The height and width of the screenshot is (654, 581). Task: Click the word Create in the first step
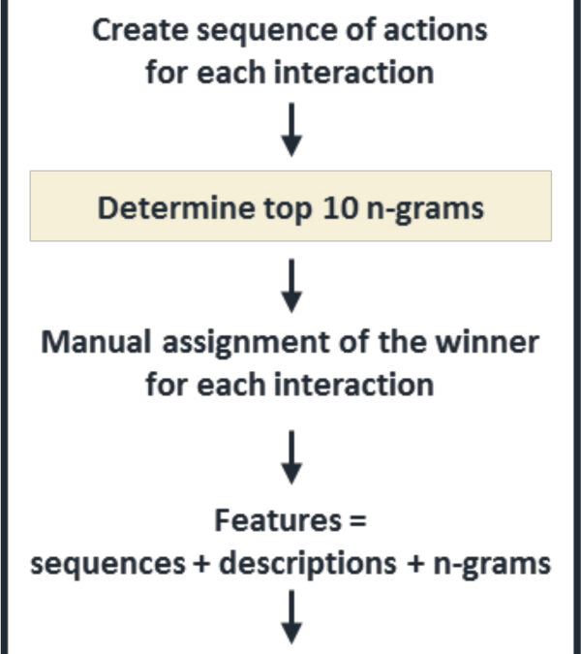tap(140, 30)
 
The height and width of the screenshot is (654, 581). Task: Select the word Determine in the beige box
tap(176, 207)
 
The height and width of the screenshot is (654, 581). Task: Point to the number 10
tap(340, 207)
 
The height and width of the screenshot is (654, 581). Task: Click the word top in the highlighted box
tap(288, 209)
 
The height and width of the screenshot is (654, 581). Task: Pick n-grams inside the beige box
tap(425, 209)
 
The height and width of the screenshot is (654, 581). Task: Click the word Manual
tap(96, 342)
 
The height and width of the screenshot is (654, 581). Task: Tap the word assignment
tap(246, 344)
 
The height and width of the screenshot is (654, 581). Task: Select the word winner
tap(487, 342)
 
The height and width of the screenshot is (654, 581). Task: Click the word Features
tap(278, 520)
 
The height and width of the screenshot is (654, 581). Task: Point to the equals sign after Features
tap(358, 521)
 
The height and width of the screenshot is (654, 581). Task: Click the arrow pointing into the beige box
tap(291, 130)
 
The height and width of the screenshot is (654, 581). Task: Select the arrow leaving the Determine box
tap(291, 286)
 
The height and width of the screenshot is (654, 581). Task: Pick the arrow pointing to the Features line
tap(291, 457)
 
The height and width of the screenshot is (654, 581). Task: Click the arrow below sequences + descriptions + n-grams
tap(291, 617)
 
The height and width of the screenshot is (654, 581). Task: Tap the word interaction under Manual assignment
tap(353, 385)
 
